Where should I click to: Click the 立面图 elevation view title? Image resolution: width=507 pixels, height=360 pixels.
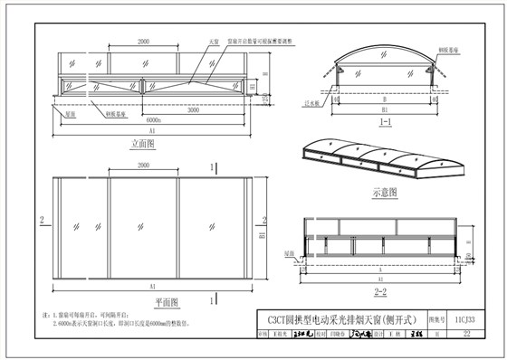click(143, 142)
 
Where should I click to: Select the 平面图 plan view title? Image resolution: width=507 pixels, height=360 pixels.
click(143, 300)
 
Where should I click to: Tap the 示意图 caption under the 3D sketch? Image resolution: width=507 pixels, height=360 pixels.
click(385, 192)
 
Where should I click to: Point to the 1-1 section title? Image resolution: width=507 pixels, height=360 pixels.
click(385, 120)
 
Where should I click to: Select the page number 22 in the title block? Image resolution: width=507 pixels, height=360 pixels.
click(465, 334)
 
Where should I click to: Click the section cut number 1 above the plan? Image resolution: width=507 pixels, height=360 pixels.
click(213, 167)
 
